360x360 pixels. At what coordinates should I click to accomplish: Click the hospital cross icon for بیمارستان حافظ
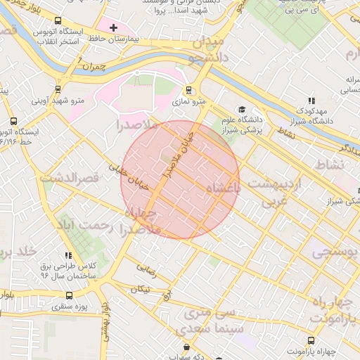pyautogui.click(x=113, y=27)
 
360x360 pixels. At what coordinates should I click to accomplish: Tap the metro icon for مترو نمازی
pyautogui.click(x=188, y=90)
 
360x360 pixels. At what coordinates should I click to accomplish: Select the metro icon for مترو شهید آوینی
pyautogui.click(x=57, y=89)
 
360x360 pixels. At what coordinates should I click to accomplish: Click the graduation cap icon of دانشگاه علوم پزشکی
pyautogui.click(x=242, y=109)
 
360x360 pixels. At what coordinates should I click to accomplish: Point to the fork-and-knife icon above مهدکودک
pyautogui.click(x=311, y=101)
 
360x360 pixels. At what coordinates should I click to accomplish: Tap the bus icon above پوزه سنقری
pyautogui.click(x=69, y=296)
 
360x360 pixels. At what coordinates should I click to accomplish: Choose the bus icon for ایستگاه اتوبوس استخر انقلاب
pyautogui.click(x=57, y=21)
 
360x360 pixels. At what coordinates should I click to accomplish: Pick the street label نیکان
pyautogui.click(x=141, y=289)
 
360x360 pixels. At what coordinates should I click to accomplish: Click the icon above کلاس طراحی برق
pyautogui.click(x=68, y=255)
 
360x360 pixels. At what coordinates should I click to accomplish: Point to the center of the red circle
pyautogui.click(x=180, y=180)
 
